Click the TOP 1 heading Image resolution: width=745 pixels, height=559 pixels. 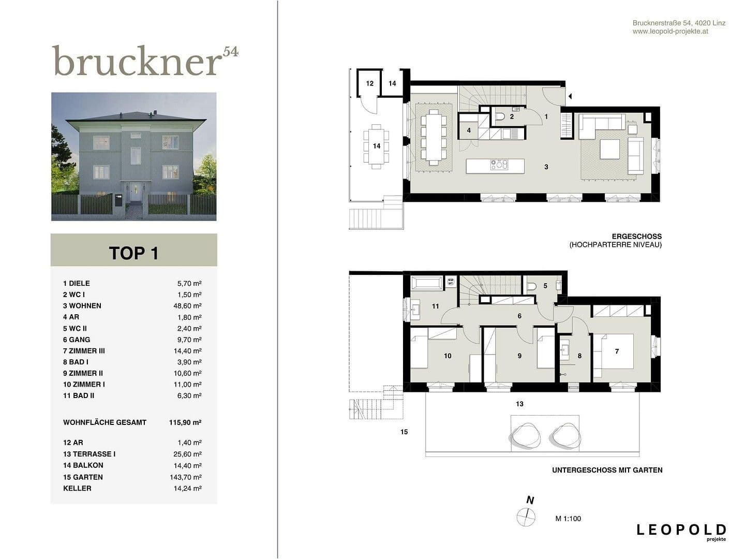[133, 253]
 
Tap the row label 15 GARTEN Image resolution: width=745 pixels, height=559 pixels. [83, 477]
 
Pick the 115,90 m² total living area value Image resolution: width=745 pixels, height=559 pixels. [185, 422]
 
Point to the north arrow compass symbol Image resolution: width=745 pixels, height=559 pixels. [526, 517]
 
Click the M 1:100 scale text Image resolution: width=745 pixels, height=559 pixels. [568, 519]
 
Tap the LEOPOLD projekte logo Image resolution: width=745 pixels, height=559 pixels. [681, 532]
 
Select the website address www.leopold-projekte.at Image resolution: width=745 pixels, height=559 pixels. [670, 32]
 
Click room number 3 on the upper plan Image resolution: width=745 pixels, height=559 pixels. [546, 167]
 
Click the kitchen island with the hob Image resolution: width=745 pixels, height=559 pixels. [495, 166]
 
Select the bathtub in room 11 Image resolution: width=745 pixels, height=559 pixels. [427, 283]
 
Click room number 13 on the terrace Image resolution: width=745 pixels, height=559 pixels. [519, 404]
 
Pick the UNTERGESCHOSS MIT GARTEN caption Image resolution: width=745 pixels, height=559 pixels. [607, 470]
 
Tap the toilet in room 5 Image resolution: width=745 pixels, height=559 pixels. [531, 286]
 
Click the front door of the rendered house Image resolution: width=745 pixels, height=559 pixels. [136, 192]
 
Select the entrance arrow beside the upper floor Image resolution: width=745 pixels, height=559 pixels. [570, 96]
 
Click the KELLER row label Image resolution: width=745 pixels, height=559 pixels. [77, 488]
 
